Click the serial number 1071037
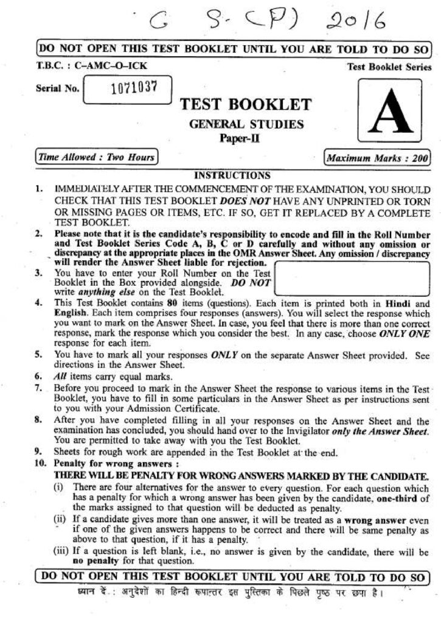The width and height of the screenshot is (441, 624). click(x=134, y=89)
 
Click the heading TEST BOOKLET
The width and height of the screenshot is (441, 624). click(x=246, y=105)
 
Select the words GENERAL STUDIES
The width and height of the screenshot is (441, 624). click(x=246, y=124)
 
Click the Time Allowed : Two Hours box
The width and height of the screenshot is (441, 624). click(x=96, y=157)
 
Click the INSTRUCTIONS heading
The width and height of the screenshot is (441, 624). click(x=232, y=175)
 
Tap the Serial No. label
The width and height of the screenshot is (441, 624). click(x=57, y=89)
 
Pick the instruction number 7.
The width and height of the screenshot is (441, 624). click(x=38, y=388)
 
